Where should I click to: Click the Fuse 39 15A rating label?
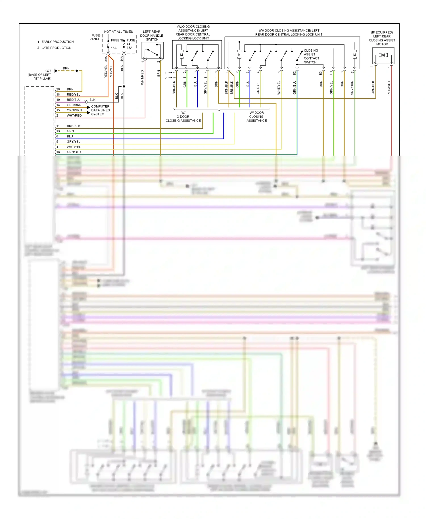tap(114, 48)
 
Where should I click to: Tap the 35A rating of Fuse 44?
tap(129, 48)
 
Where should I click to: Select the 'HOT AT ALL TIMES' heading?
tap(118, 32)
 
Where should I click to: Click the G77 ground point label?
tap(48, 71)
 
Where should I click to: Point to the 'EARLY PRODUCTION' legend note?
tap(57, 42)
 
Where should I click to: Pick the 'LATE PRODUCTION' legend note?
tap(56, 48)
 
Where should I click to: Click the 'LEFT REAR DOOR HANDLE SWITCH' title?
tap(152, 35)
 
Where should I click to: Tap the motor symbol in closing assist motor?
tap(383, 55)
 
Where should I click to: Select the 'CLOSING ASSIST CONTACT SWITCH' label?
tap(311, 56)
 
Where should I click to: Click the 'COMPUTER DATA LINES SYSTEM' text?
tap(100, 110)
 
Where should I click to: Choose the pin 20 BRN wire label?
tap(70, 89)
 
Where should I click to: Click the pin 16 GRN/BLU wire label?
tap(74, 152)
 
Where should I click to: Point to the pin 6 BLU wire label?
tap(70, 136)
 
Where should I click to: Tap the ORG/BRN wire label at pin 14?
tap(74, 105)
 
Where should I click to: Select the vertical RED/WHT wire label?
tap(389, 88)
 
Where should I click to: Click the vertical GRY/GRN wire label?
tap(352, 88)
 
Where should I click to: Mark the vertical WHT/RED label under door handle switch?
tap(142, 78)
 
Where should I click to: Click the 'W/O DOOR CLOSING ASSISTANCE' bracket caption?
tap(183, 117)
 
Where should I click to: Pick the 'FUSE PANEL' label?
tap(95, 37)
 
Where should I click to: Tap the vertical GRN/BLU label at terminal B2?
tap(295, 87)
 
